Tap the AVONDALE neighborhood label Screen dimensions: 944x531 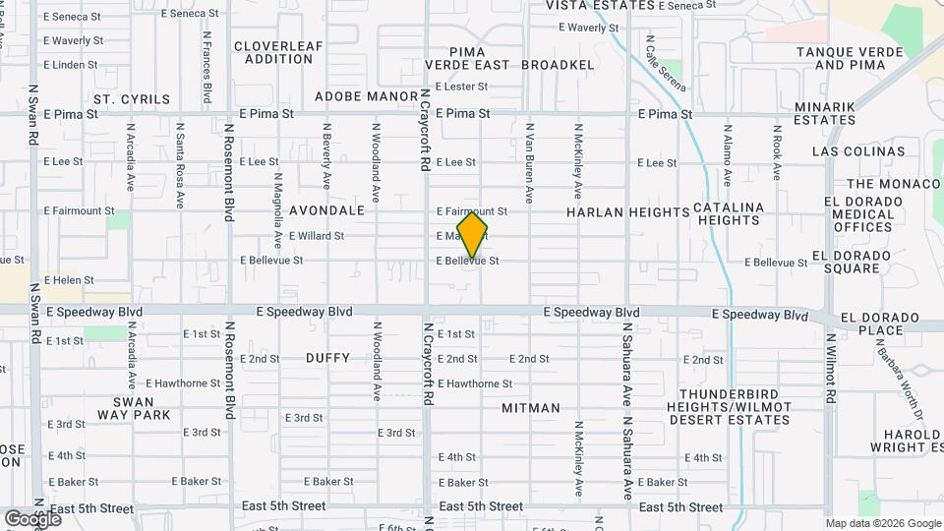coord(326,211)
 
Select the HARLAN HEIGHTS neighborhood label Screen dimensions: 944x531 coord(628,212)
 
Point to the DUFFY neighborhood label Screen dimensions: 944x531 coord(327,358)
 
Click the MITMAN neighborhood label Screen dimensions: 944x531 coord(531,408)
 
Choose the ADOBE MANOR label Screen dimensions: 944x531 coord(367,96)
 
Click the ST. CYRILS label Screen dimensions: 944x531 coord(132,99)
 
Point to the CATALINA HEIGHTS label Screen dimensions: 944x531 coord(729,214)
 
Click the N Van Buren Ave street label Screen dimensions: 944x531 coord(529,163)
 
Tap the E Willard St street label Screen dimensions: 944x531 coord(317,236)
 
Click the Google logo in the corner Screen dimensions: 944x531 coord(32,518)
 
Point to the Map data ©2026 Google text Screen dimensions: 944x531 coord(883,523)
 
